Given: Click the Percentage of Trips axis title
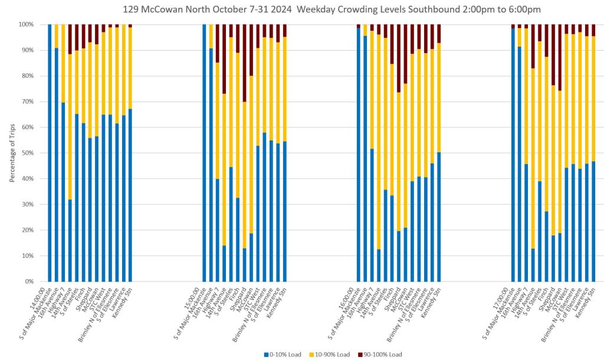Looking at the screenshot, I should point(13,153).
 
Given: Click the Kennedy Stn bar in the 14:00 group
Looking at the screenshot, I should point(130,195).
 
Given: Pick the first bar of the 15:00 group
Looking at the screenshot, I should point(204,153).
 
